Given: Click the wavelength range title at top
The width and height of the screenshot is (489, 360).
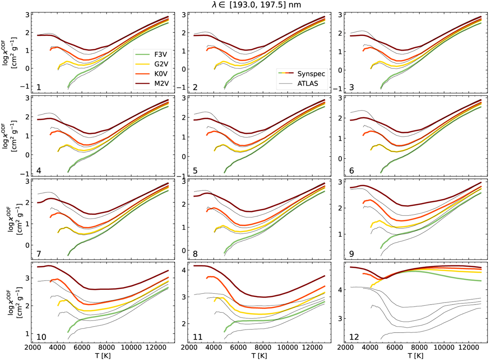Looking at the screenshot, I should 244,4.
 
